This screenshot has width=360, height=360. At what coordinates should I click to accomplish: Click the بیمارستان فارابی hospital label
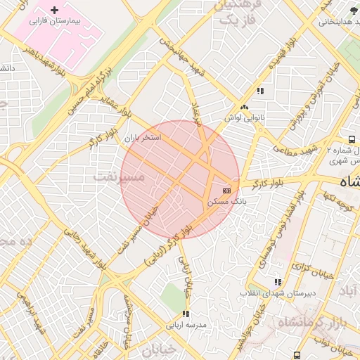56,22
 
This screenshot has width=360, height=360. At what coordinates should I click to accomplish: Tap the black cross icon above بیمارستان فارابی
55,11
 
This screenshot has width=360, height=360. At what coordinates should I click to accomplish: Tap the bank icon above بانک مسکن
226,191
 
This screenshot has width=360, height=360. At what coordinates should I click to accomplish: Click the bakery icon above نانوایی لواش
243,107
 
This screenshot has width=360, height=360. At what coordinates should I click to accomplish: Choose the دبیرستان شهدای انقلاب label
278,292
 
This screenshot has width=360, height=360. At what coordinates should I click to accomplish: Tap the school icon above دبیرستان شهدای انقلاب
278,282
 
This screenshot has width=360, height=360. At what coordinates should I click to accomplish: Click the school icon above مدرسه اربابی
186,314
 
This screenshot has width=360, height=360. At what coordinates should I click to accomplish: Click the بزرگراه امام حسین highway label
90,91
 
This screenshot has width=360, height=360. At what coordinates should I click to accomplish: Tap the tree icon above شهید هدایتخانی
353,10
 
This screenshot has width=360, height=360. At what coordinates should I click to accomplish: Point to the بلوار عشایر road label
110,106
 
